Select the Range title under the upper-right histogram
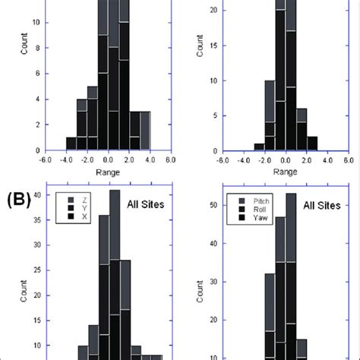(285, 172)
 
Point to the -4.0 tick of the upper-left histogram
(66, 160)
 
